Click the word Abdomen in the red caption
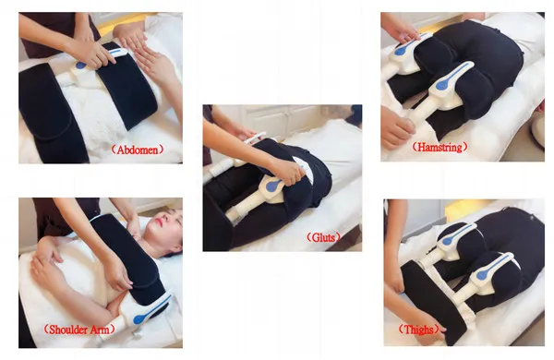(138, 150)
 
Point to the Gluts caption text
(323, 237)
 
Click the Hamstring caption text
(440, 147)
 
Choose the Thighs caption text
(418, 330)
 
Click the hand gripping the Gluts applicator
(287, 171)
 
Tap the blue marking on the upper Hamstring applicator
(406, 47)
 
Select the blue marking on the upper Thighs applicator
(456, 235)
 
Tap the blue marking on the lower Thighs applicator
(492, 267)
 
